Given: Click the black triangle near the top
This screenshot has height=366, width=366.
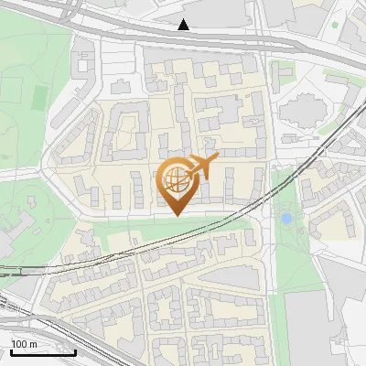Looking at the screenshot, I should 185,25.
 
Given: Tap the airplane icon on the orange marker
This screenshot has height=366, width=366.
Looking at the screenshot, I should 202,167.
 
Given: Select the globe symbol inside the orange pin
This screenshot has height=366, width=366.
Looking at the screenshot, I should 175,180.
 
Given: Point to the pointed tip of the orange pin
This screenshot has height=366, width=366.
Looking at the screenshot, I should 176,215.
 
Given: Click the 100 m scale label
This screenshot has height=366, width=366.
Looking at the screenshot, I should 24,344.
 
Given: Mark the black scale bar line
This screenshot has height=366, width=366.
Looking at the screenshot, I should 42,352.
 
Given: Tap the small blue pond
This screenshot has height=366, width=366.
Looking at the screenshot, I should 286,219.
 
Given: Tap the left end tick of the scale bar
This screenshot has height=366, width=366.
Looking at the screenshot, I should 11,351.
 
